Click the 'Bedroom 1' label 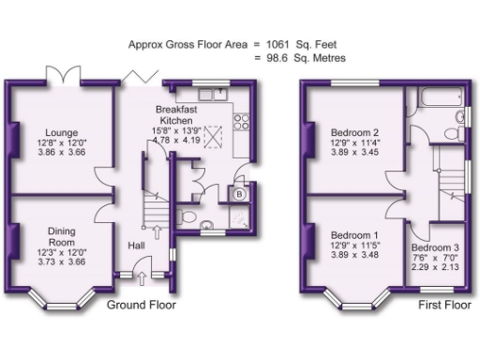[355, 234]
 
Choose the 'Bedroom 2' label [355, 132]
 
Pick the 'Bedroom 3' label [434, 247]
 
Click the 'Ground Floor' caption [141, 306]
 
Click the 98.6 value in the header [272, 58]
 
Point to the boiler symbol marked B [240, 194]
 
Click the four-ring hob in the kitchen [241, 121]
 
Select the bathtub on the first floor [434, 98]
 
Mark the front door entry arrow [141, 278]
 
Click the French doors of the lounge [61, 74]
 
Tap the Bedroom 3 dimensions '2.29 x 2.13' [434, 266]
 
